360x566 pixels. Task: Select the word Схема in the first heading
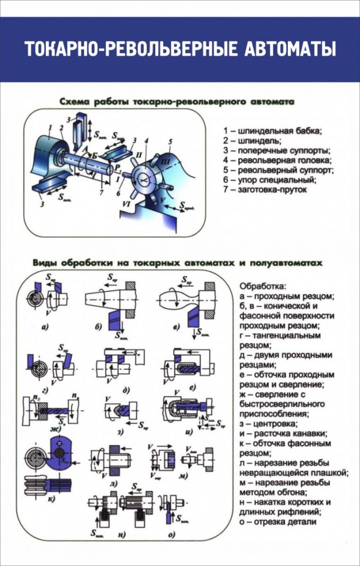(x=74, y=101)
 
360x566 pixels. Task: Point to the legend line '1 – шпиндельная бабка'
(x=272, y=130)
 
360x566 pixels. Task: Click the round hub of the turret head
(x=144, y=180)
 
